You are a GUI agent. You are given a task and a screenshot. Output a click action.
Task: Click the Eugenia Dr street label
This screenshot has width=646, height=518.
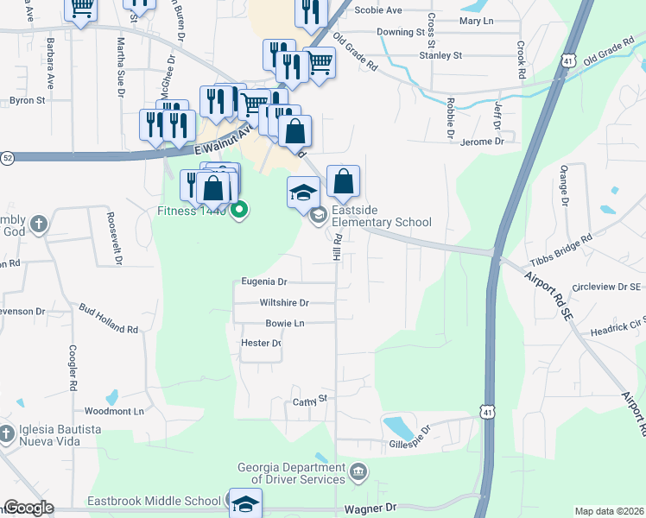pyautogui.click(x=264, y=281)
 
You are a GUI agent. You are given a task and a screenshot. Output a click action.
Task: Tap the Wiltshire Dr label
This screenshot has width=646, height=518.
pyautogui.click(x=284, y=303)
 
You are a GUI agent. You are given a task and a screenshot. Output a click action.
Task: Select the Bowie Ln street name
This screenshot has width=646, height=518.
pyautogui.click(x=285, y=323)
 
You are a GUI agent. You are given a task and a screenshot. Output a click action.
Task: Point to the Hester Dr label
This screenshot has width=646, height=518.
pyautogui.click(x=263, y=343)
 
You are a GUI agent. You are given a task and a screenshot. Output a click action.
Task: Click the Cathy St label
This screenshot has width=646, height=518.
pyautogui.click(x=312, y=400)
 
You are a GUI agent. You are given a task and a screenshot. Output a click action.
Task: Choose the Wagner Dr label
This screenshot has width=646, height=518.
pyautogui.click(x=370, y=509)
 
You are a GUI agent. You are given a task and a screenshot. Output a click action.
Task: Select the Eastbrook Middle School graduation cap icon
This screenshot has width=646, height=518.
pyautogui.click(x=245, y=503)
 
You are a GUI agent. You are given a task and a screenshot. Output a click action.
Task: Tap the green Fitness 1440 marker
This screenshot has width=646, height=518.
pyautogui.click(x=241, y=210)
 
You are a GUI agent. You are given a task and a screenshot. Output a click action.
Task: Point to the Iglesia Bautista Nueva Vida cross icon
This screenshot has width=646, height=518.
pyautogui.click(x=7, y=433)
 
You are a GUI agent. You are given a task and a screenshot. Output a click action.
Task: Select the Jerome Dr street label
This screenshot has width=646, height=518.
pyautogui.click(x=482, y=141)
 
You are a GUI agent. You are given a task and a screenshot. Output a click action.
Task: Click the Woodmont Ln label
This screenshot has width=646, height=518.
pyautogui.click(x=114, y=412)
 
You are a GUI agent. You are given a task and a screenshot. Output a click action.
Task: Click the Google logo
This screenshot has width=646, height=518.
pyautogui.click(x=28, y=508)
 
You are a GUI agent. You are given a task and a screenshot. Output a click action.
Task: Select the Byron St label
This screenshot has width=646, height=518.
pyautogui.click(x=27, y=100)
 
